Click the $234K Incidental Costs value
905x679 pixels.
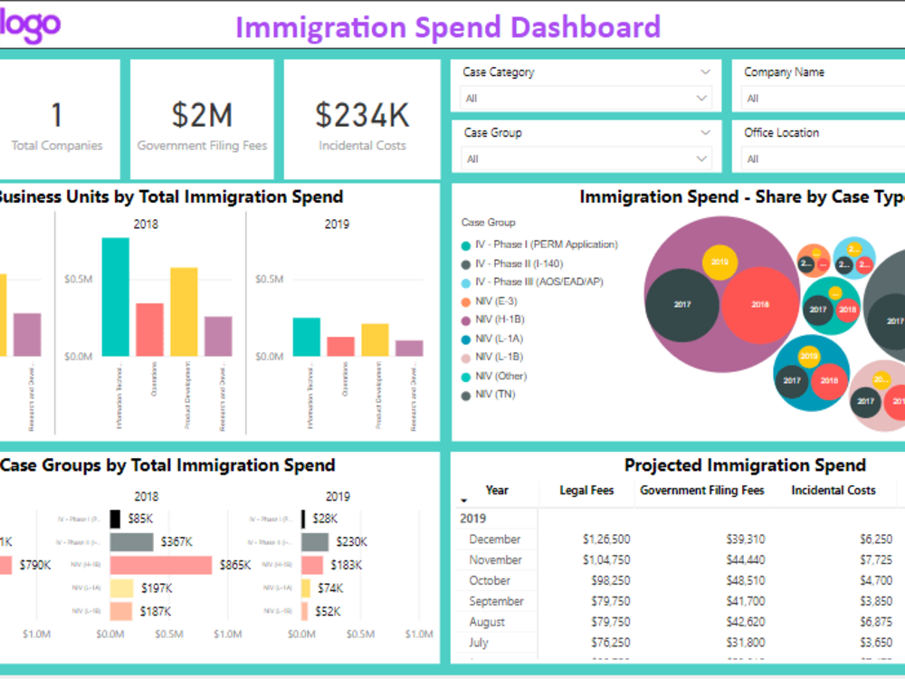click(362, 115)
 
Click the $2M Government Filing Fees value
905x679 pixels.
click(202, 115)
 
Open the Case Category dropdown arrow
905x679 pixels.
click(705, 72)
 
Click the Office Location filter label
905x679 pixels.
click(781, 132)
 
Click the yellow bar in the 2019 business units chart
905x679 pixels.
click(375, 339)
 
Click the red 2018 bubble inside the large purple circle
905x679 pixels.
click(759, 305)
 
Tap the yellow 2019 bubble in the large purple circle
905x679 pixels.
click(719, 262)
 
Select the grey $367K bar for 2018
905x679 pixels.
click(131, 541)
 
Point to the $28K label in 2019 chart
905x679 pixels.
click(324, 519)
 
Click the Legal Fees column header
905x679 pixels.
click(586, 490)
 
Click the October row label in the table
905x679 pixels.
click(490, 580)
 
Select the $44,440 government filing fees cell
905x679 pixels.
click(745, 559)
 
